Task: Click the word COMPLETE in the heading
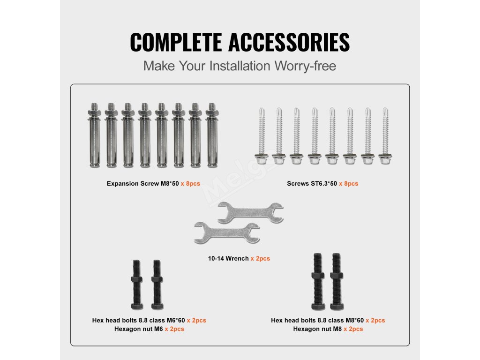pyautogui.click(x=176, y=42)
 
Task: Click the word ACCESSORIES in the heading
pyautogui.click(x=289, y=42)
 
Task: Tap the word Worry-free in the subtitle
pyautogui.click(x=305, y=66)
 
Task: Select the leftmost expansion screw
pyautogui.click(x=94, y=135)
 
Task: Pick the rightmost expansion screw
pyautogui.click(x=211, y=135)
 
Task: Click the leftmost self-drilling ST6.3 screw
pyautogui.click(x=262, y=135)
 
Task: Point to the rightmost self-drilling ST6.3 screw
pyautogui.click(x=385, y=135)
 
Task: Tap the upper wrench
pyautogui.click(x=250, y=212)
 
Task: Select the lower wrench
pyautogui.click(x=227, y=232)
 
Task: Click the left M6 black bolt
pyautogui.click(x=136, y=285)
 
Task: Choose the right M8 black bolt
pyautogui.click(x=337, y=282)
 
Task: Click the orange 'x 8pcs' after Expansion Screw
pyautogui.click(x=190, y=184)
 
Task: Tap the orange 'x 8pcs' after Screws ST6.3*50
pyautogui.click(x=349, y=184)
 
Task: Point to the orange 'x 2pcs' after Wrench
pyautogui.click(x=261, y=259)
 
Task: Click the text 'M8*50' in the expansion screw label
pyautogui.click(x=170, y=184)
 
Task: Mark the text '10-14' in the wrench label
pyautogui.click(x=216, y=259)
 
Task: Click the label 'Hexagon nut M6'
pyautogui.click(x=139, y=329)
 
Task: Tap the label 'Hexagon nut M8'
pyautogui.click(x=317, y=329)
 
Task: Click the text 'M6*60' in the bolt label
pyautogui.click(x=176, y=321)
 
